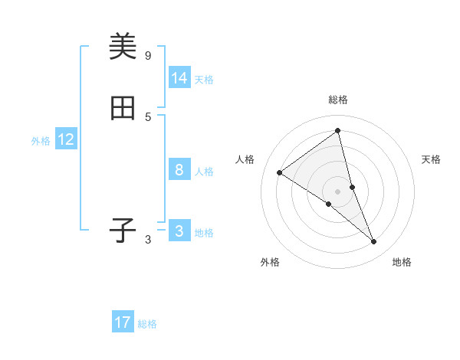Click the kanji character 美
click(123, 47)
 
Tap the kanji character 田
click(123, 110)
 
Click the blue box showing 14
click(179, 78)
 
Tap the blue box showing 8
click(179, 170)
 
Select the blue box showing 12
click(66, 139)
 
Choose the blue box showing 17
click(123, 322)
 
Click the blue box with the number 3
click(179, 231)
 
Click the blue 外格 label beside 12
click(41, 141)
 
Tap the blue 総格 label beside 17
click(147, 324)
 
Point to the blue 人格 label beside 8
click(204, 172)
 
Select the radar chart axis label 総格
click(338, 100)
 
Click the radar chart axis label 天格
click(431, 159)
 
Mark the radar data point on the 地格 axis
click(374, 242)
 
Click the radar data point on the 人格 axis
click(279, 173)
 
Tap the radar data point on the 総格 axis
click(338, 131)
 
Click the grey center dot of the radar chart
click(338, 191)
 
